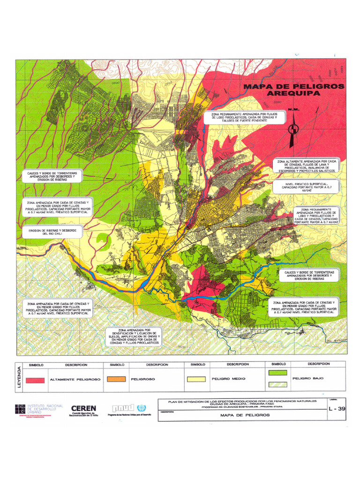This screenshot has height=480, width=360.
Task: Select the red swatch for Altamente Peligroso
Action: pyautogui.click(x=35, y=380)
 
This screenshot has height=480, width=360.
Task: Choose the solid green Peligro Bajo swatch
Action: pyautogui.click(x=277, y=373)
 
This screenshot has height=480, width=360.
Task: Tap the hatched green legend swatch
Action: pyautogui.click(x=277, y=384)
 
